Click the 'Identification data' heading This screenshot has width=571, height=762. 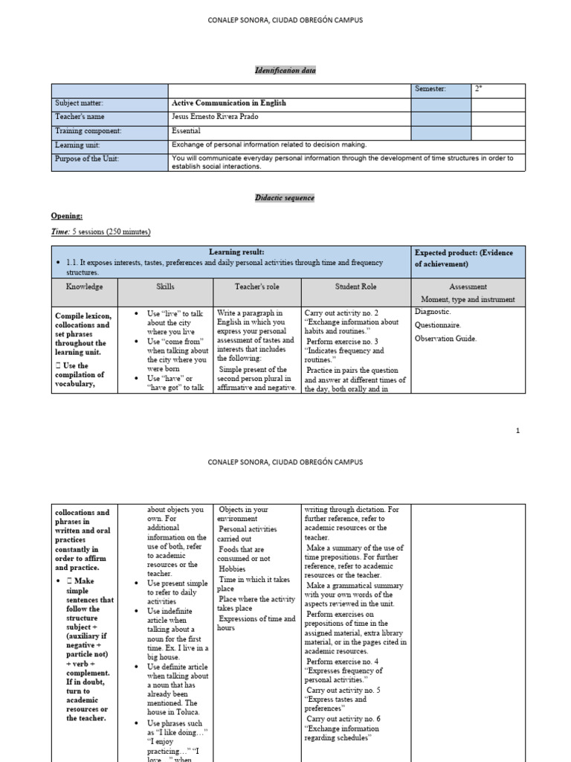(x=285, y=70)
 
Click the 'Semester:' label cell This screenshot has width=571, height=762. (x=430, y=89)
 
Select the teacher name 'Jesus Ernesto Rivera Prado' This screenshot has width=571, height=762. (x=213, y=117)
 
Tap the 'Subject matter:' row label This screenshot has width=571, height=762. (x=79, y=103)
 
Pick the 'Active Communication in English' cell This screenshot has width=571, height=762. (x=228, y=103)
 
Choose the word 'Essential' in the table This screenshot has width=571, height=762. (x=186, y=130)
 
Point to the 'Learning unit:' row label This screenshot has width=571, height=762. (x=77, y=144)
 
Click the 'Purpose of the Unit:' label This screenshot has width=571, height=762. (x=86, y=159)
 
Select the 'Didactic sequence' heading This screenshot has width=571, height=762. (x=285, y=198)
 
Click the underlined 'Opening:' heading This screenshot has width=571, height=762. (x=67, y=215)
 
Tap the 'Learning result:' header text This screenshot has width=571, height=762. (x=236, y=253)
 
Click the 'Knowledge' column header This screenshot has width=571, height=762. (x=84, y=286)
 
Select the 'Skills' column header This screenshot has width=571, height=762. (x=165, y=286)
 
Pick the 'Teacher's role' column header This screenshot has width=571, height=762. (x=256, y=286)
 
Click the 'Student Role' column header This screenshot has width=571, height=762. (x=356, y=286)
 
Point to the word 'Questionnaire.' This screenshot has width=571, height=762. (x=437, y=325)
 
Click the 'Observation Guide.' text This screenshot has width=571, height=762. (x=445, y=339)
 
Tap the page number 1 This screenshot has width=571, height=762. (x=517, y=431)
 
